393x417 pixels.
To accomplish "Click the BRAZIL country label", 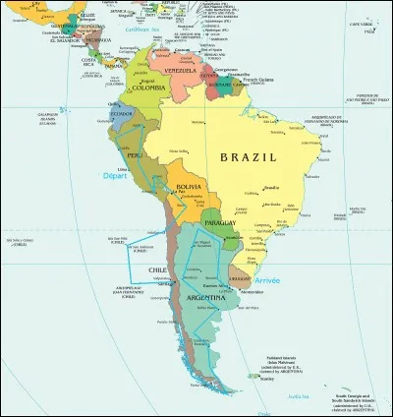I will coord(248,156).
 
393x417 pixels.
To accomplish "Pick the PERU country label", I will coord(136,155).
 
